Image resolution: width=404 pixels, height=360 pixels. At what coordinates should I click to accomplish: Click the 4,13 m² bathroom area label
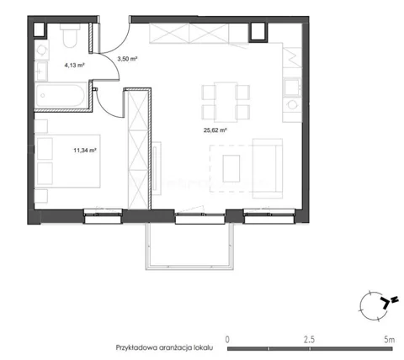[75, 66]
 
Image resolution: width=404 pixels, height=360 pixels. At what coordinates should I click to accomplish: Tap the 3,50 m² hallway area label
[127, 59]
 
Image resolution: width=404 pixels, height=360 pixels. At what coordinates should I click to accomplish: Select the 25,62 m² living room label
[215, 130]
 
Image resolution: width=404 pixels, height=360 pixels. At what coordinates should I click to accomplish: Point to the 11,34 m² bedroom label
[85, 151]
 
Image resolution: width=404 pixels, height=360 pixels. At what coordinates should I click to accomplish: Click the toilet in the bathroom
[70, 35]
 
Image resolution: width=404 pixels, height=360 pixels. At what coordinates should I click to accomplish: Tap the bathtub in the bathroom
[60, 95]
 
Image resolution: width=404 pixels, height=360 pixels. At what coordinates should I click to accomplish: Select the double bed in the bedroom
[67, 161]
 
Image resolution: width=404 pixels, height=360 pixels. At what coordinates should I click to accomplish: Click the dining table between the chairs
[226, 102]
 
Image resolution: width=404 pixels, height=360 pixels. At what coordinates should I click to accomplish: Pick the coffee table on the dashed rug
[231, 168]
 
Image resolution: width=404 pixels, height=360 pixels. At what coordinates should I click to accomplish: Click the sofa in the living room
[268, 168]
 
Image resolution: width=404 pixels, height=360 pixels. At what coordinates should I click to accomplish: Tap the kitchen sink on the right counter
[292, 87]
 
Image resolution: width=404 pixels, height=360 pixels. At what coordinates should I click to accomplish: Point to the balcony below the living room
[189, 246]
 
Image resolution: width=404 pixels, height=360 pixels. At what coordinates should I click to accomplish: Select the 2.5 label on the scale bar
[309, 340]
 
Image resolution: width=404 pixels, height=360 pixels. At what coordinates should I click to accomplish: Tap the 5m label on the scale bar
[389, 340]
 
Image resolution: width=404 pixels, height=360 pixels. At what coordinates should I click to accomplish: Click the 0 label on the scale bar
[227, 340]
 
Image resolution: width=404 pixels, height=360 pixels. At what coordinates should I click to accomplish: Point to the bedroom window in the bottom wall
[104, 216]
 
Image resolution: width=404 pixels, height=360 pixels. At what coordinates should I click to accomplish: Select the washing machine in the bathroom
[41, 50]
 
